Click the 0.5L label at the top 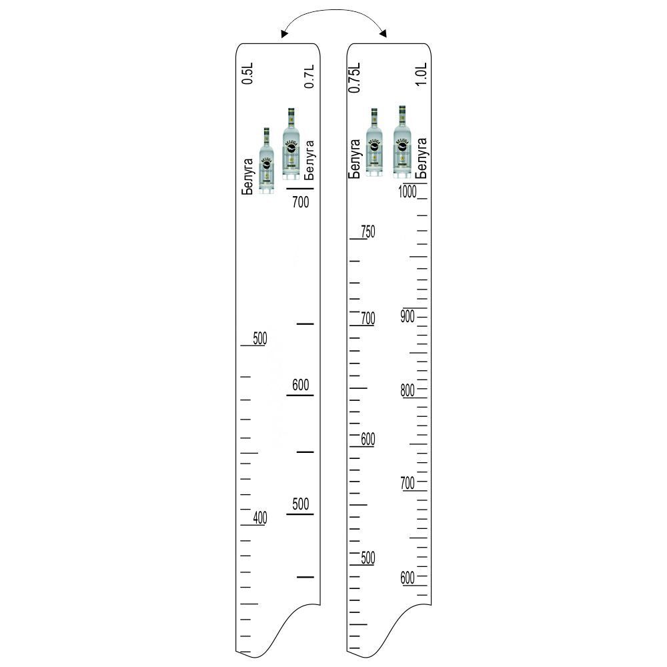[x=247, y=73]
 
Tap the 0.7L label [x=309, y=77]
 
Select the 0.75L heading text [x=354, y=77]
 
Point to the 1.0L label [x=421, y=75]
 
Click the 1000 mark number [x=408, y=192]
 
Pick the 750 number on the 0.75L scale [x=368, y=232]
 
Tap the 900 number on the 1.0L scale [x=408, y=316]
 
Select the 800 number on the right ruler [x=408, y=390]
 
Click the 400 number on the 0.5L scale [x=260, y=518]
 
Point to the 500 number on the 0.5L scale [x=260, y=339]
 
